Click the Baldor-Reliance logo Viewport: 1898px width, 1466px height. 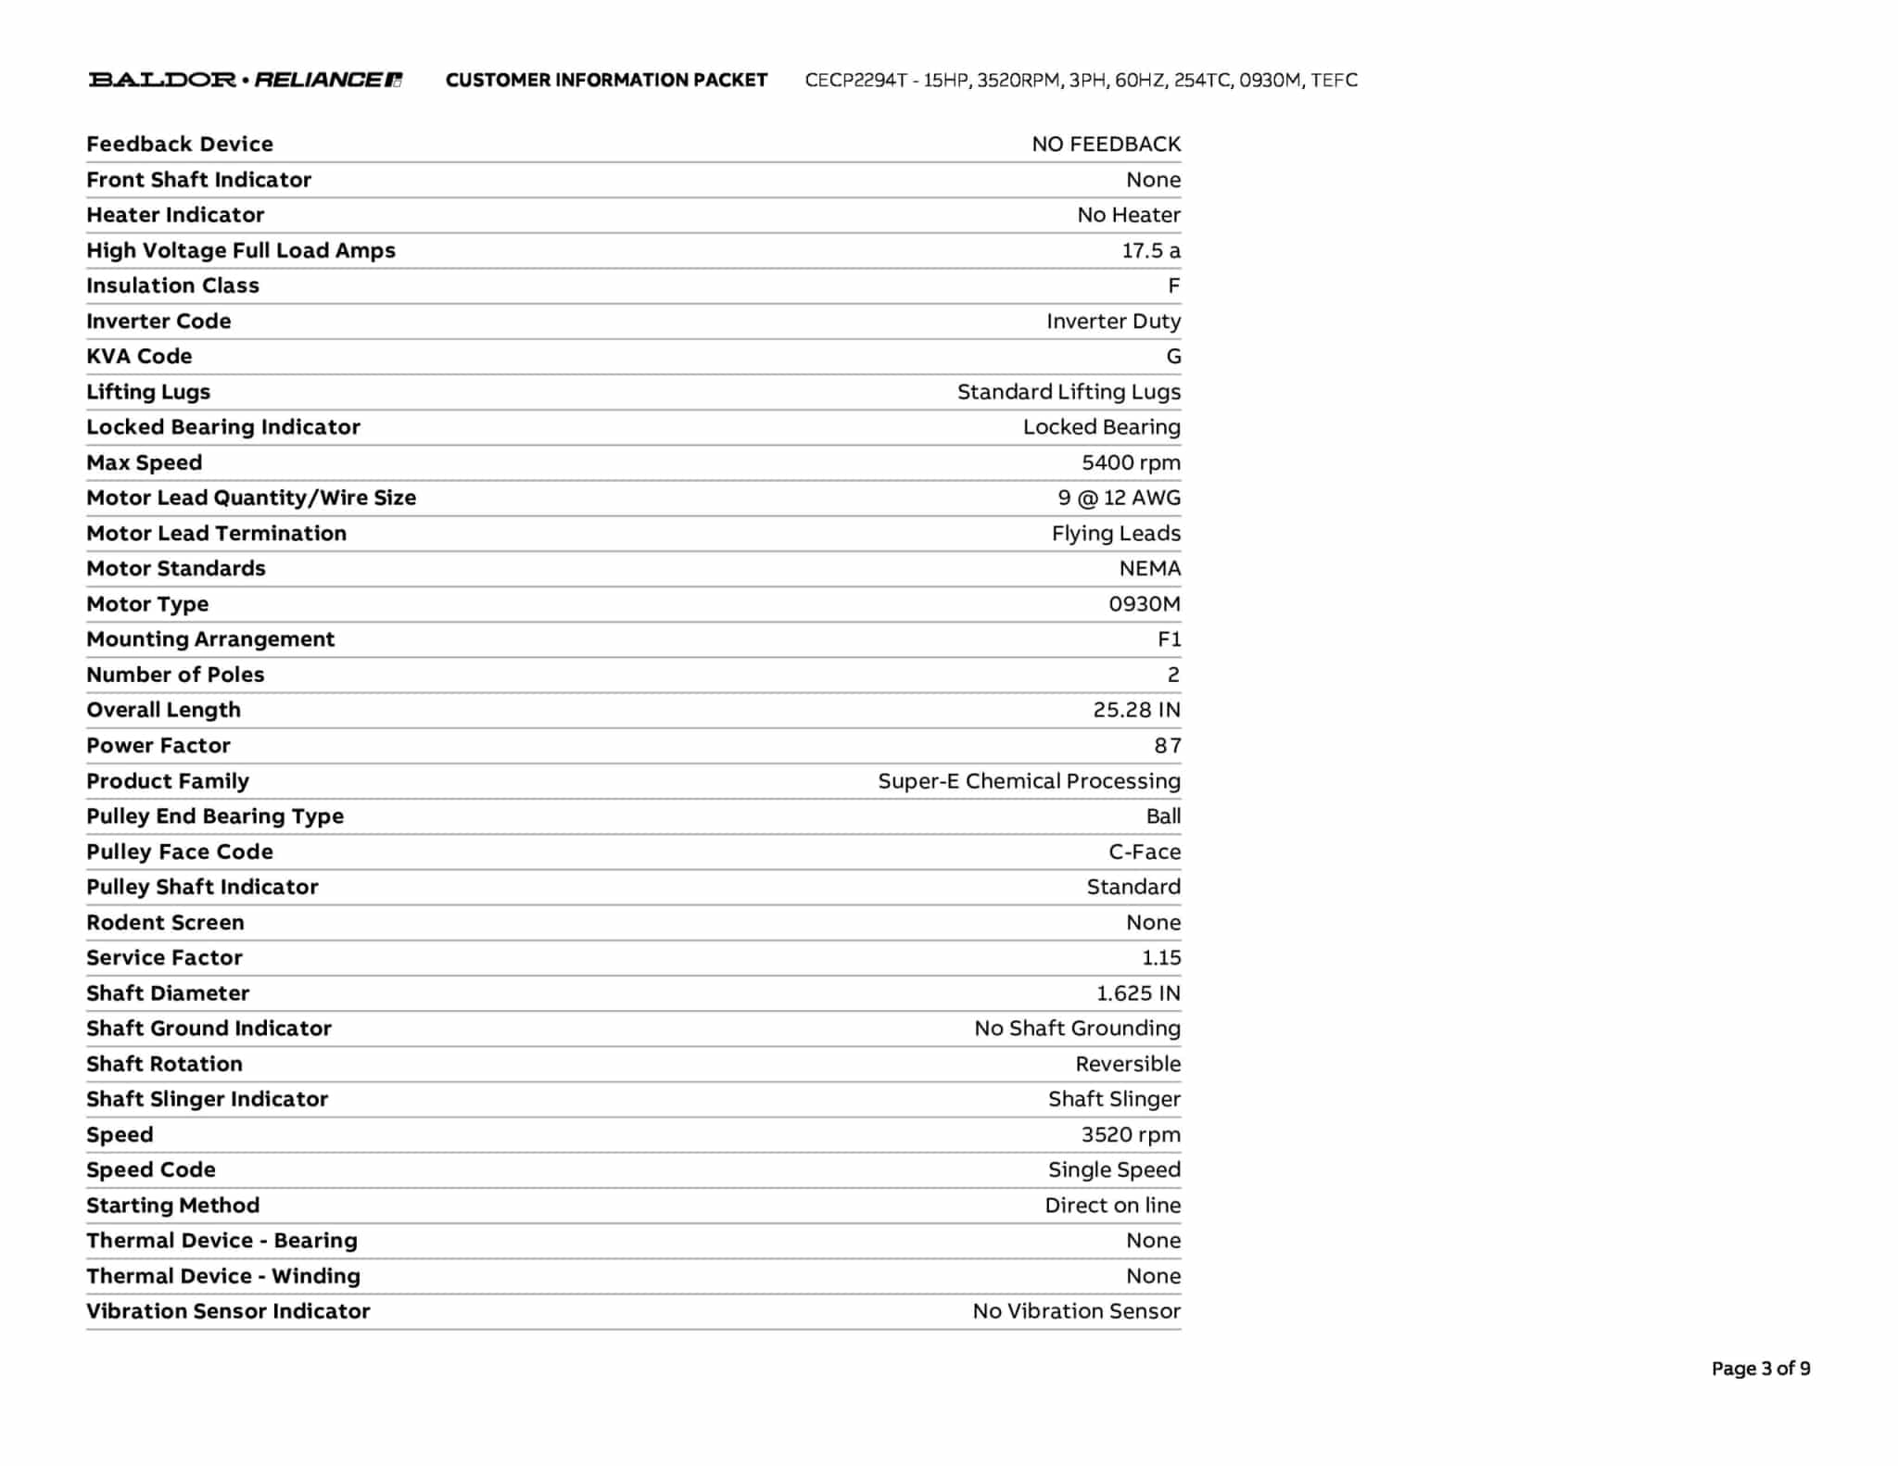(246, 80)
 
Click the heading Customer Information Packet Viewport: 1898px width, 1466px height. (606, 80)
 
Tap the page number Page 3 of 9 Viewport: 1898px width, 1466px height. (1760, 1368)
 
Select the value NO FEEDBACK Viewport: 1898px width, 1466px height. (1106, 144)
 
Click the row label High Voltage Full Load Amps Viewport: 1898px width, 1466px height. (241, 250)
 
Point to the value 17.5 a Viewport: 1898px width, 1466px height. (1151, 250)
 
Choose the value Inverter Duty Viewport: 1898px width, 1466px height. (1113, 321)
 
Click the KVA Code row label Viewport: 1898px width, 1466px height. (139, 356)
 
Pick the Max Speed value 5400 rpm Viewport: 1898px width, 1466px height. (1131, 462)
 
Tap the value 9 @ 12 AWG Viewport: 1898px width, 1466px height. (1119, 498)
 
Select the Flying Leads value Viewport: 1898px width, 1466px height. (1116, 533)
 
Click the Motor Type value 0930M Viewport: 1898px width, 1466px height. (1145, 604)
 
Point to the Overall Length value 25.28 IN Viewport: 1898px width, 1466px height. (1136, 710)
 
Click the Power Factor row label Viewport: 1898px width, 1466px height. (158, 745)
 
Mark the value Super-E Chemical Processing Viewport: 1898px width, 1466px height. (1029, 780)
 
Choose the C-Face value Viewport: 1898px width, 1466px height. (1145, 852)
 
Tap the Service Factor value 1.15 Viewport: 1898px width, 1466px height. (1161, 957)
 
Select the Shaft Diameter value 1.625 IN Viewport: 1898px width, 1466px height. (1138, 992)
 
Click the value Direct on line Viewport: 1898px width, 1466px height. (1112, 1205)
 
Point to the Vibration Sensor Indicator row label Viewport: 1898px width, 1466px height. (228, 1310)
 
